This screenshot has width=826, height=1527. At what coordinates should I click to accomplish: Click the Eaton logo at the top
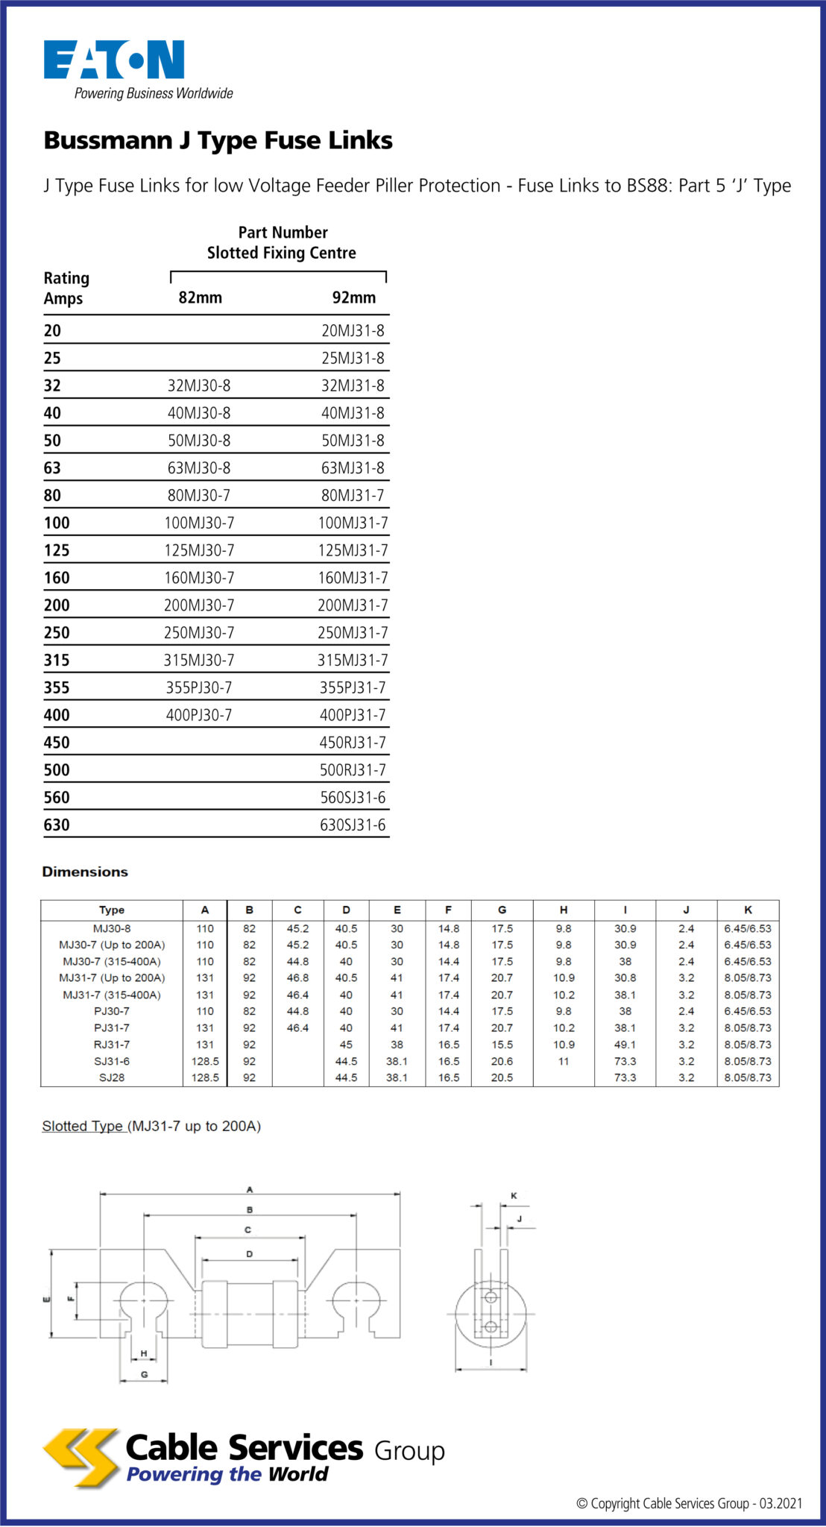coord(114,60)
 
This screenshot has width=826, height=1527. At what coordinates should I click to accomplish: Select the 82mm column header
coord(200,297)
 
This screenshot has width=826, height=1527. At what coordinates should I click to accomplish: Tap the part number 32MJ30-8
coord(199,385)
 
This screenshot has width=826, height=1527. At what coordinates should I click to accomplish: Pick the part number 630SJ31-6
coord(353,825)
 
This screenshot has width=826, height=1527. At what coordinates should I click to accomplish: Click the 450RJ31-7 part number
coord(353,743)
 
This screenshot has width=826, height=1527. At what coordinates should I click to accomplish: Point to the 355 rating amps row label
coord(57,687)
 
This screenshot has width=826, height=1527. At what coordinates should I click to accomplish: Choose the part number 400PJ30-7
coord(199,715)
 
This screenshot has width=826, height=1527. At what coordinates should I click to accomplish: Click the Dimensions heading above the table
coord(85,872)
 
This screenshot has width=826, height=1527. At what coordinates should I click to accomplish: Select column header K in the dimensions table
coord(748,910)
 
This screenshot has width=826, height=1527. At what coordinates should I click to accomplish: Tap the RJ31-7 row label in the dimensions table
coord(112,1045)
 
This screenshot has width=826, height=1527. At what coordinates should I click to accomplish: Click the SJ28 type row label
coord(112,1077)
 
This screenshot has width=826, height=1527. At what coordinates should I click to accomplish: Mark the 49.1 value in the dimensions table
coord(625,1045)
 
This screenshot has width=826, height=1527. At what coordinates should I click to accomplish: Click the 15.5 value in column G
coord(502,1045)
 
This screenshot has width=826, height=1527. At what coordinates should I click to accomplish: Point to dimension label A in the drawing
coord(250,1189)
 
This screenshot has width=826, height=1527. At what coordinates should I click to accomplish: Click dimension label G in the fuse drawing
coord(144,1374)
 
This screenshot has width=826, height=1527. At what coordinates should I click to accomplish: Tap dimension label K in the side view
coord(514,1195)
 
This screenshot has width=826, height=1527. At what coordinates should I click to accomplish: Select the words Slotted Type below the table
coord(83,1126)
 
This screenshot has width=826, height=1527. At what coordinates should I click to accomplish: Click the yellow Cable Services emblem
coord(81,1458)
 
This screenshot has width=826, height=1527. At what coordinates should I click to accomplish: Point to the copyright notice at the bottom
coord(689,1503)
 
